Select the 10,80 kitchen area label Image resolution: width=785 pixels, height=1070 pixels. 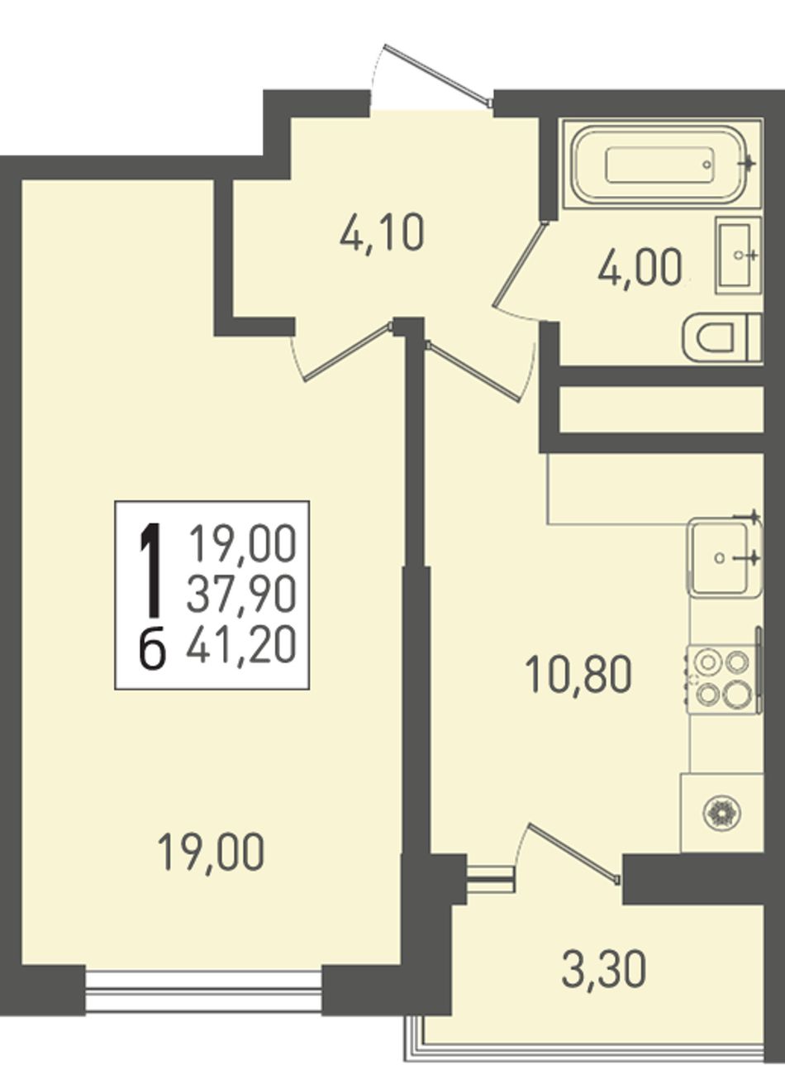[x=578, y=675]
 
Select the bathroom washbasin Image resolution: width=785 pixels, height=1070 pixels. [x=738, y=255]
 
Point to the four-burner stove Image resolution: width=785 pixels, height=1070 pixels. [x=723, y=679]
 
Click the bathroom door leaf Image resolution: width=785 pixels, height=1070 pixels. [x=519, y=263]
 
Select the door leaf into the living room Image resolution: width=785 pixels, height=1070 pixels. [x=349, y=351]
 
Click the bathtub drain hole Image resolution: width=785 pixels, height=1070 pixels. [x=706, y=165]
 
